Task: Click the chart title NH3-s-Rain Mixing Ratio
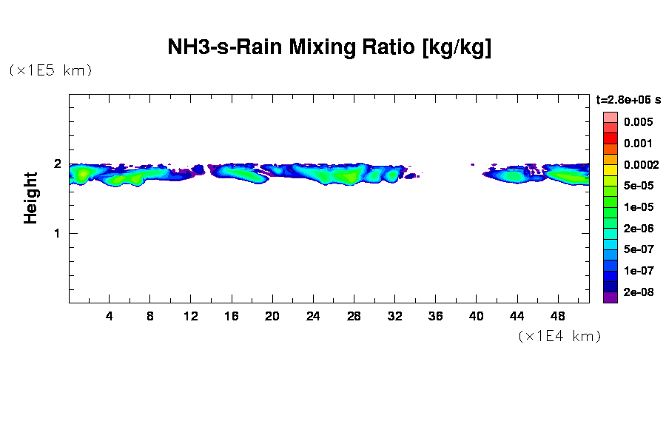click(x=329, y=48)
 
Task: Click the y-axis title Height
click(x=30, y=198)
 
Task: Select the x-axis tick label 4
click(x=110, y=316)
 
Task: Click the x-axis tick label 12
click(x=191, y=316)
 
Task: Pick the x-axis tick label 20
click(x=272, y=316)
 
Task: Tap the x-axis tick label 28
click(x=354, y=316)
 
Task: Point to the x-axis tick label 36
click(x=435, y=316)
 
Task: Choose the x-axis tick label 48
click(x=557, y=316)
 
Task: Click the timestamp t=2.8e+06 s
click(x=628, y=100)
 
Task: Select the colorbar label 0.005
click(x=638, y=122)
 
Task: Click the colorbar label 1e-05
click(x=638, y=207)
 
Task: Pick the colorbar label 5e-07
click(x=638, y=249)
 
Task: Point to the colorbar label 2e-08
click(x=638, y=292)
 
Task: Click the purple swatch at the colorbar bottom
click(x=610, y=297)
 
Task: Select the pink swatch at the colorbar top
click(x=610, y=117)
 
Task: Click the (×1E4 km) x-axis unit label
click(x=559, y=337)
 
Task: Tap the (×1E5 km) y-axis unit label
click(x=50, y=71)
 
